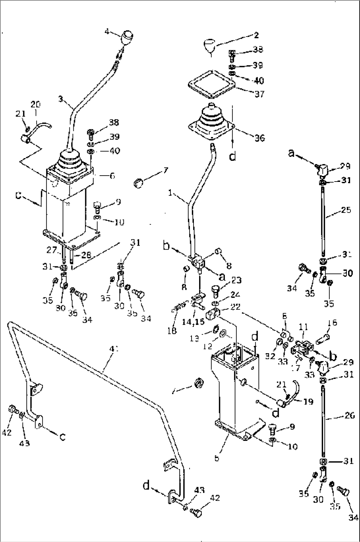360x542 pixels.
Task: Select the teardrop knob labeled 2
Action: point(210,46)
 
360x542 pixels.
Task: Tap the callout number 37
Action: point(259,94)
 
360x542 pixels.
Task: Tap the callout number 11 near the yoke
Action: point(303,327)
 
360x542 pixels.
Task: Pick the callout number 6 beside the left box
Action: point(112,176)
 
